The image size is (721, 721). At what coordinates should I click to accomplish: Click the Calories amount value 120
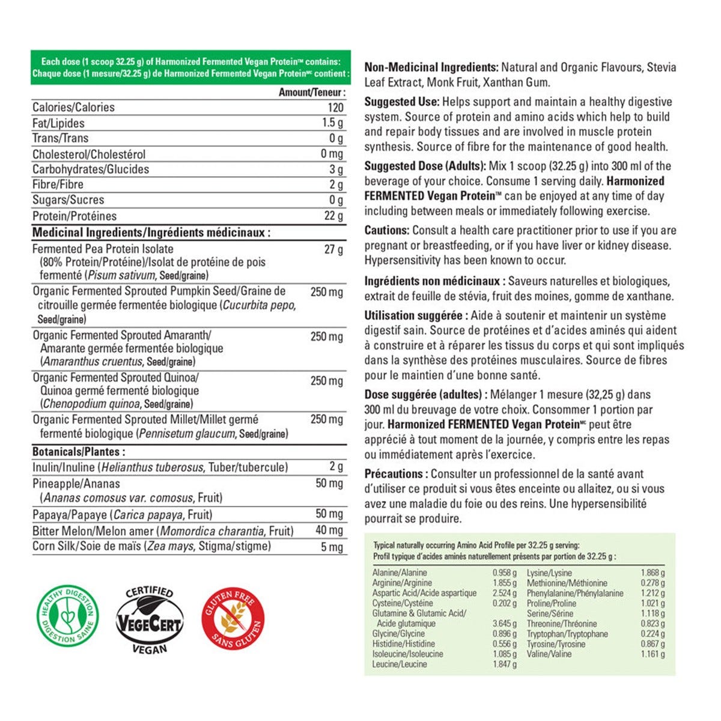click(335, 108)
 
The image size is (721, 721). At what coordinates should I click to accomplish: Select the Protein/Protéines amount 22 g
click(333, 216)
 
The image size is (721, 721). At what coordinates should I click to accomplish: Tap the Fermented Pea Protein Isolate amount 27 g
click(333, 249)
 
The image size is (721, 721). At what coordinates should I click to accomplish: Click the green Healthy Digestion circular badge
click(67, 615)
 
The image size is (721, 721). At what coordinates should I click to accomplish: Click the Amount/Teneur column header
click(312, 93)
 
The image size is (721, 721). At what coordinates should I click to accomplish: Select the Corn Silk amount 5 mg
click(332, 547)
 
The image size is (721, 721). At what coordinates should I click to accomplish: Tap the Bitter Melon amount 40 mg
click(329, 531)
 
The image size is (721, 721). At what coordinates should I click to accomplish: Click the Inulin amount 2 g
click(336, 467)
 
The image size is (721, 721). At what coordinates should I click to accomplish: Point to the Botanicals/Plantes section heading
click(79, 452)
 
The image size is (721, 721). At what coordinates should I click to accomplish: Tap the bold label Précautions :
click(396, 474)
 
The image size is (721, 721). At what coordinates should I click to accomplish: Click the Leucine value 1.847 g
click(504, 664)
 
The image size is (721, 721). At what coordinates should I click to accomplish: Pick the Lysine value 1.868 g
click(653, 573)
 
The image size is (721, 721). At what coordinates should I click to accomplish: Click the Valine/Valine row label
click(549, 654)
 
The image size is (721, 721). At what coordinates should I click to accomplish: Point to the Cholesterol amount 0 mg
click(332, 154)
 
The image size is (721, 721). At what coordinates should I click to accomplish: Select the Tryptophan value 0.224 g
click(653, 634)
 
